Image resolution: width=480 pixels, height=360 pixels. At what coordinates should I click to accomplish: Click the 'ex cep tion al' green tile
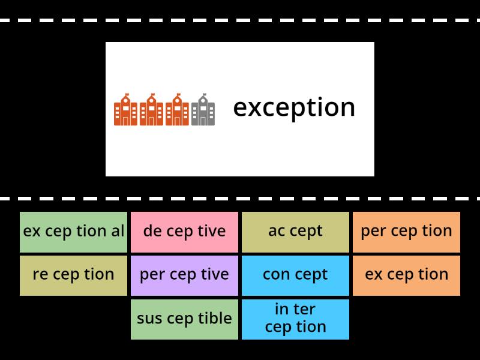pos(73,231)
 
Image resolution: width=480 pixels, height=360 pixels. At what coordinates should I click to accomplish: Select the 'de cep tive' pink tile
pos(184,231)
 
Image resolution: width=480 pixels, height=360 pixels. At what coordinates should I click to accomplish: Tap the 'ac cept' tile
pos(295,231)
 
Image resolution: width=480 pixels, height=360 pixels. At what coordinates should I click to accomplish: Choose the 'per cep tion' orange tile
pos(406,231)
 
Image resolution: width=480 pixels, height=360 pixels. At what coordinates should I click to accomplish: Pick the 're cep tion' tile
pos(73,275)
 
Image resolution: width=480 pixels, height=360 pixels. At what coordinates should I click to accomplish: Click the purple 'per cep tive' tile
pos(184,275)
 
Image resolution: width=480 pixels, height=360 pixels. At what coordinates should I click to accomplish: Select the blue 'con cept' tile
pos(295,275)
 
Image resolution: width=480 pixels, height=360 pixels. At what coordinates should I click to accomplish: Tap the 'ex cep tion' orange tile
pos(406,275)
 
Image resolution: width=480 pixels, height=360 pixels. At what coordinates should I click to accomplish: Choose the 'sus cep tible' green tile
pos(184,319)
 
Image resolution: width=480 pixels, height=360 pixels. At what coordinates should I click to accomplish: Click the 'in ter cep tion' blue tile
pos(295,319)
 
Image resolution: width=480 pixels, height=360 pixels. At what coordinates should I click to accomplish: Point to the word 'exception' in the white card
pos(294,108)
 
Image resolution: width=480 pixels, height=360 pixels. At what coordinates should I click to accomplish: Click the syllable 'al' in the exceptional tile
pos(118,231)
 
